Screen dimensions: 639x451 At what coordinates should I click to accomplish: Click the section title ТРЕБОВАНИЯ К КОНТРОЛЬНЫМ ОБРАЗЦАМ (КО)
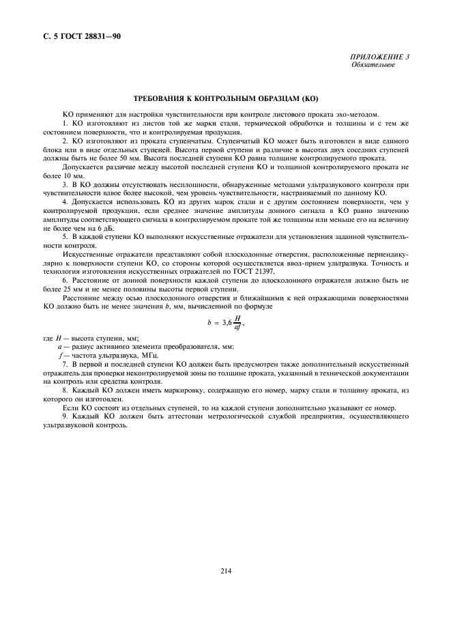[225, 100]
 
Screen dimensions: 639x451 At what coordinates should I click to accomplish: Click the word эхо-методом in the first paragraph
[359, 113]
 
